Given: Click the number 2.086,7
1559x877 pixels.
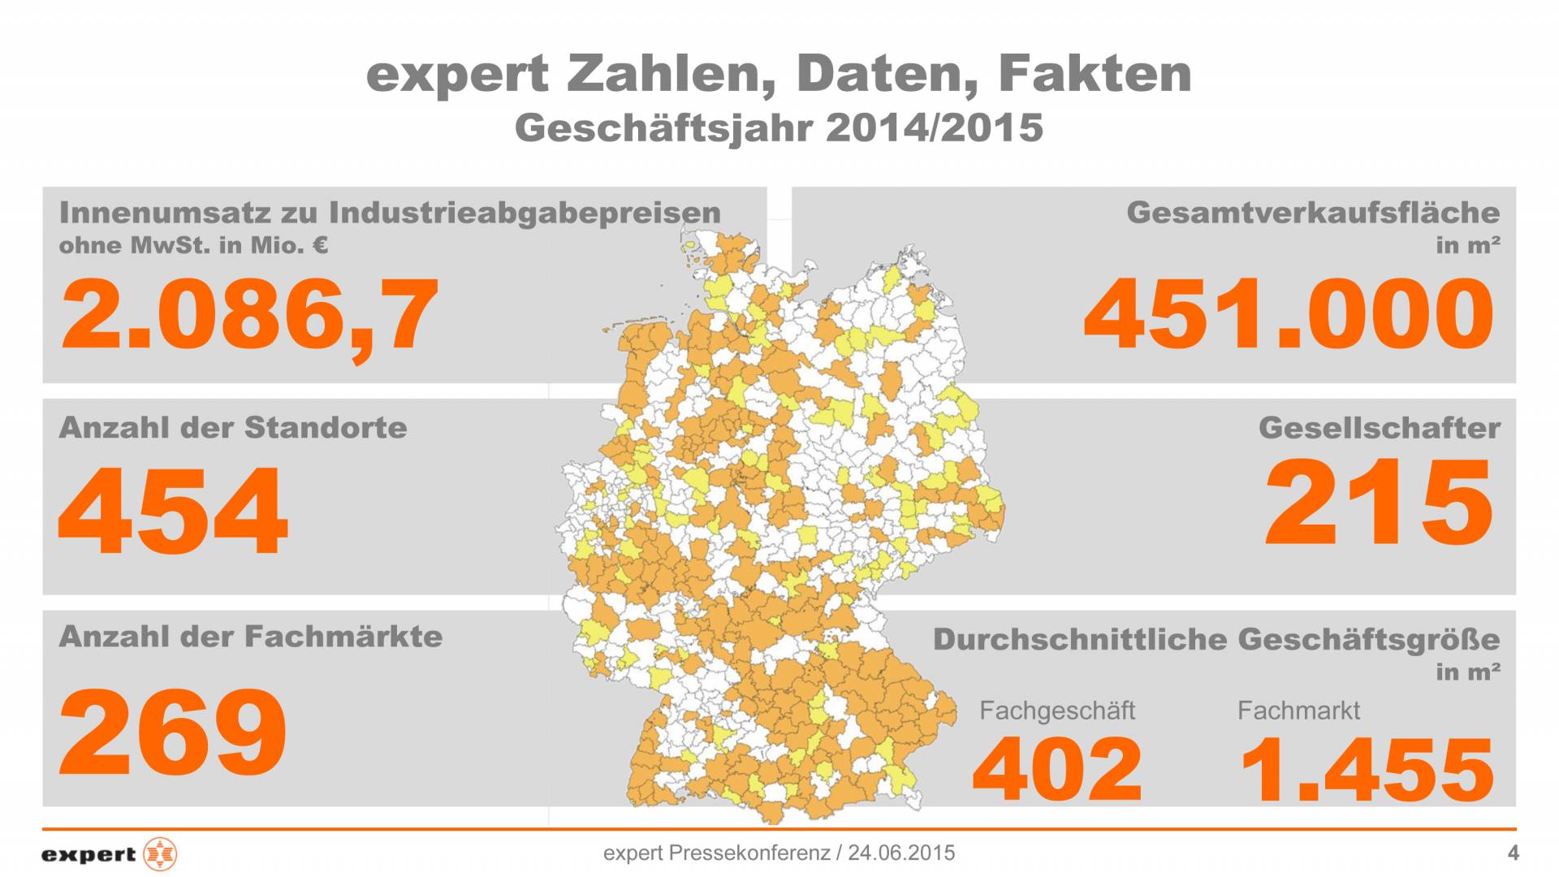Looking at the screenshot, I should coord(249,315).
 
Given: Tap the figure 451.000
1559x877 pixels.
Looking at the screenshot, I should coord(1289,315).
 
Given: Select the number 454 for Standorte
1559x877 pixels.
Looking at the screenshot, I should coord(173,510).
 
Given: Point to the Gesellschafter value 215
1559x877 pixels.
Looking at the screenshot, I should coord(1379,502).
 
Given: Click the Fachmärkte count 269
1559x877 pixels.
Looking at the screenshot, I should coord(173,731).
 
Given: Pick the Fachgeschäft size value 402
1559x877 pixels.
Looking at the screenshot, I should coord(1057,767).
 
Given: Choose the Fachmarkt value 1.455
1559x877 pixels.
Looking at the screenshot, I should coord(1367,769).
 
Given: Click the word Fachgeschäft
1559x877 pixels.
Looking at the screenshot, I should coord(1057,711).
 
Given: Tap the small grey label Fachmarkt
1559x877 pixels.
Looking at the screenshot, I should coord(1298,711).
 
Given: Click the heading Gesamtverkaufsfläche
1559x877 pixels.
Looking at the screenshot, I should coord(1313,213).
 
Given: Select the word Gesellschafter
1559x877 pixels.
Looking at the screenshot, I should coord(1379,428).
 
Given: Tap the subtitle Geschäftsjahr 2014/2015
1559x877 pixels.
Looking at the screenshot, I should coord(779,128).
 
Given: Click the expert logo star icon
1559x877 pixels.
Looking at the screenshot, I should coord(160,853).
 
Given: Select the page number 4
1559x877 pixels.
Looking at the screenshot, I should coord(1512,853).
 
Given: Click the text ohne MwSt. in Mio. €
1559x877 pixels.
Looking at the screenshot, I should coord(193,244).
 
